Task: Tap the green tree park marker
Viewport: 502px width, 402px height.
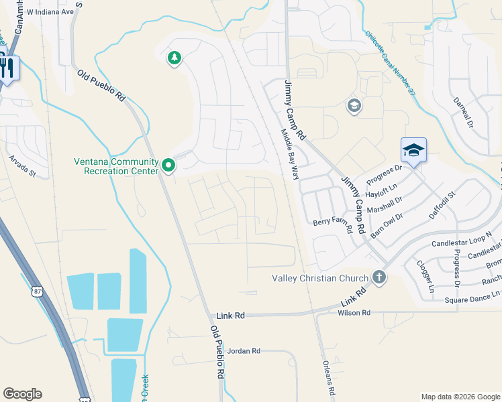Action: click(174, 58)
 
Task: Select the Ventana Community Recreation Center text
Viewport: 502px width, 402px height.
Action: click(116, 166)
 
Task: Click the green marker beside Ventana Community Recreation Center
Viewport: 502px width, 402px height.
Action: click(168, 164)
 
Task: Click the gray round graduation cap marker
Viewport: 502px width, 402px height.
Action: click(354, 105)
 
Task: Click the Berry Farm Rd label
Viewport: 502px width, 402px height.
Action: click(333, 225)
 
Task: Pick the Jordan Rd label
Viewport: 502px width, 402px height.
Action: click(243, 350)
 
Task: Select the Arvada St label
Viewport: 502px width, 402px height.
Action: click(21, 165)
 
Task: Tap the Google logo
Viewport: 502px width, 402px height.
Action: click(22, 394)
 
